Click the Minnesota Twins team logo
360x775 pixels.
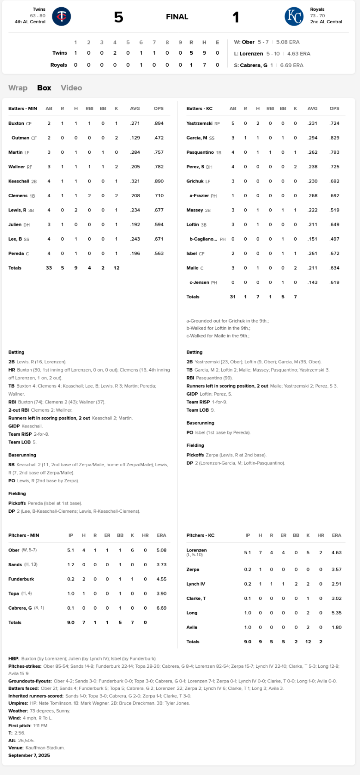tap(62, 17)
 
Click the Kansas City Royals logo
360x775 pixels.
tap(294, 17)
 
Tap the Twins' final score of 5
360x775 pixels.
tap(118, 17)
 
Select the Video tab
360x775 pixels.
tap(71, 88)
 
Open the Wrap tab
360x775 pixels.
tap(18, 88)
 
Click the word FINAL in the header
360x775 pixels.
tap(177, 17)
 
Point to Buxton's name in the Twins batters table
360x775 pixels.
tap(16, 124)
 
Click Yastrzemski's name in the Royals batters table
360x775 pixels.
tap(199, 124)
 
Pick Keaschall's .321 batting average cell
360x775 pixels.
tap(135, 181)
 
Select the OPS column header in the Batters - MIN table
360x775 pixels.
tap(158, 108)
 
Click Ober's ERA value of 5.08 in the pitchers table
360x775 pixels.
tap(161, 550)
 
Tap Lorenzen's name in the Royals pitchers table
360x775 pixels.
tap(196, 550)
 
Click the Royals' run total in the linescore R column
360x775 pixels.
tap(191, 65)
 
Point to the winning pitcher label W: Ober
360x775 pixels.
tap(244, 42)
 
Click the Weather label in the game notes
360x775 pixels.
tap(18, 711)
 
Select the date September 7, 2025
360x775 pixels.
tap(29, 755)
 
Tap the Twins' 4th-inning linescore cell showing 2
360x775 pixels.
tap(115, 53)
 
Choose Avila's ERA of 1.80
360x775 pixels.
tap(336, 627)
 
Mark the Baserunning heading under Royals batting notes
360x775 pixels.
tap(200, 423)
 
